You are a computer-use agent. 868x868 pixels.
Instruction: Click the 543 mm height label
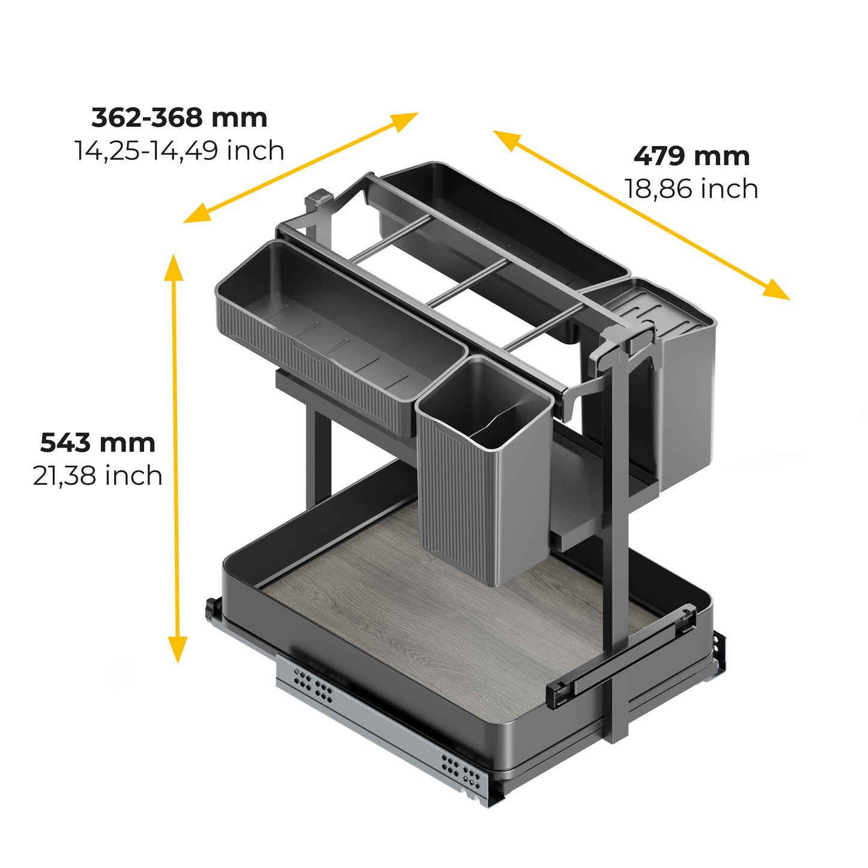(x=98, y=443)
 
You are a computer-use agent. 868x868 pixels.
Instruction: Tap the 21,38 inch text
(x=98, y=476)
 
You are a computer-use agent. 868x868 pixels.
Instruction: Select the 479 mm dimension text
(x=691, y=156)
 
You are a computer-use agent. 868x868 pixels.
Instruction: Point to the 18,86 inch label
(x=691, y=189)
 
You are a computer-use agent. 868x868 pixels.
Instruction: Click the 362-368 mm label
(x=179, y=118)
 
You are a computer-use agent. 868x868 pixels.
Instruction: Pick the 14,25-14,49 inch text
(x=179, y=150)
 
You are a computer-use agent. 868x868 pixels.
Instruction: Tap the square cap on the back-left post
(x=318, y=198)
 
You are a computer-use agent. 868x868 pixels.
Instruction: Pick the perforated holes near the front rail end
(x=461, y=772)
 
